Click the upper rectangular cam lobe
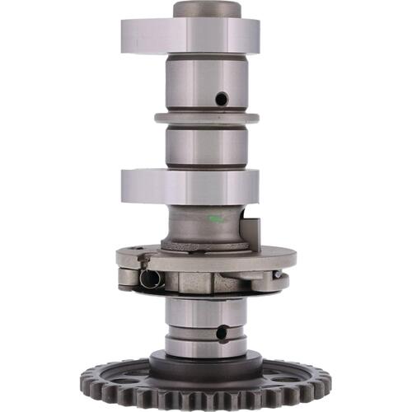(x=190, y=35)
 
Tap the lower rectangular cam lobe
(x=190, y=185)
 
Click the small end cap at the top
(x=207, y=9)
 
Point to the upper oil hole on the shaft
(x=220, y=98)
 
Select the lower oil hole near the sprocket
(x=220, y=333)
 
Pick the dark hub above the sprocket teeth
(x=206, y=363)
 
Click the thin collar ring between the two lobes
(x=206, y=118)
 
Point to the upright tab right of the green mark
(x=254, y=232)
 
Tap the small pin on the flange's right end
(x=279, y=274)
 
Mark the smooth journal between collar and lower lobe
(x=206, y=146)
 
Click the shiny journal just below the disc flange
(x=206, y=311)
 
